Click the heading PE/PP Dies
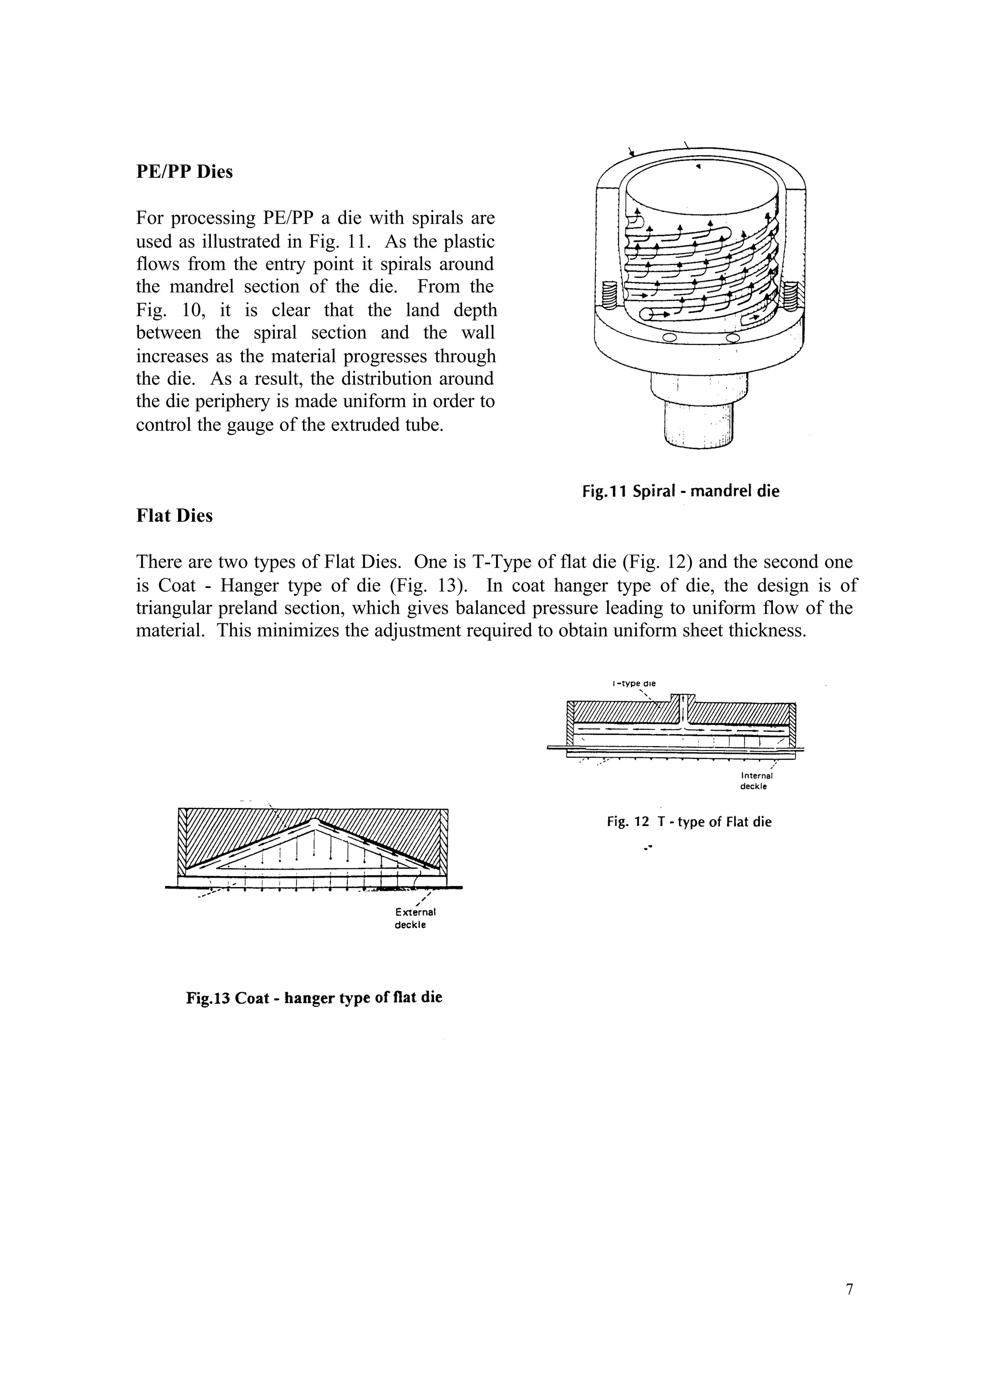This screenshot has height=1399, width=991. click(x=184, y=172)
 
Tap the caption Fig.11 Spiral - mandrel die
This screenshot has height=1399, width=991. click(x=680, y=491)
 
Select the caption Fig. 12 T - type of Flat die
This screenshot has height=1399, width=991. click(x=689, y=822)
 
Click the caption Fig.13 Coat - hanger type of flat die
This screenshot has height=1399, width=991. click(x=314, y=998)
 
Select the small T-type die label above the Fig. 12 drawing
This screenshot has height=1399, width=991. click(x=633, y=684)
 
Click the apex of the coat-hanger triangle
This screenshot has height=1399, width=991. click(x=314, y=820)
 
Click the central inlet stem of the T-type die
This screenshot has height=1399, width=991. click(x=683, y=707)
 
